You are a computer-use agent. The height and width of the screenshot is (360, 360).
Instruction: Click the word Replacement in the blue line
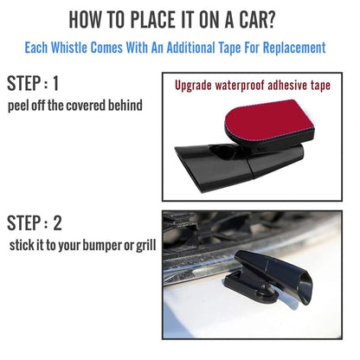[x=290, y=47]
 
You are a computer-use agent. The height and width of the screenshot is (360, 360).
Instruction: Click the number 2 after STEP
[x=57, y=223]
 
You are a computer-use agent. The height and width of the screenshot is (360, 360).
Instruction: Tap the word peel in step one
[x=21, y=106]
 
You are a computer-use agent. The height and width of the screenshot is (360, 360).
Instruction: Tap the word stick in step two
[x=25, y=245]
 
